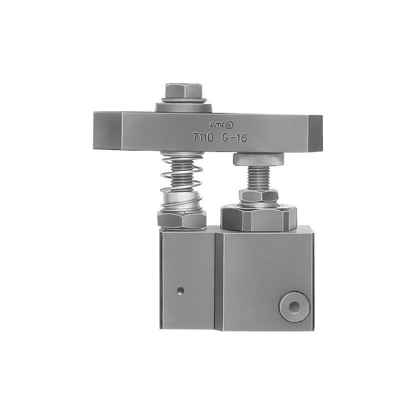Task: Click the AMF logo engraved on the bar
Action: pyautogui.click(x=219, y=125)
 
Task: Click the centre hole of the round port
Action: pyautogui.click(x=295, y=308)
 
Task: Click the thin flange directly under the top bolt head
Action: pyautogui.click(x=184, y=99)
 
